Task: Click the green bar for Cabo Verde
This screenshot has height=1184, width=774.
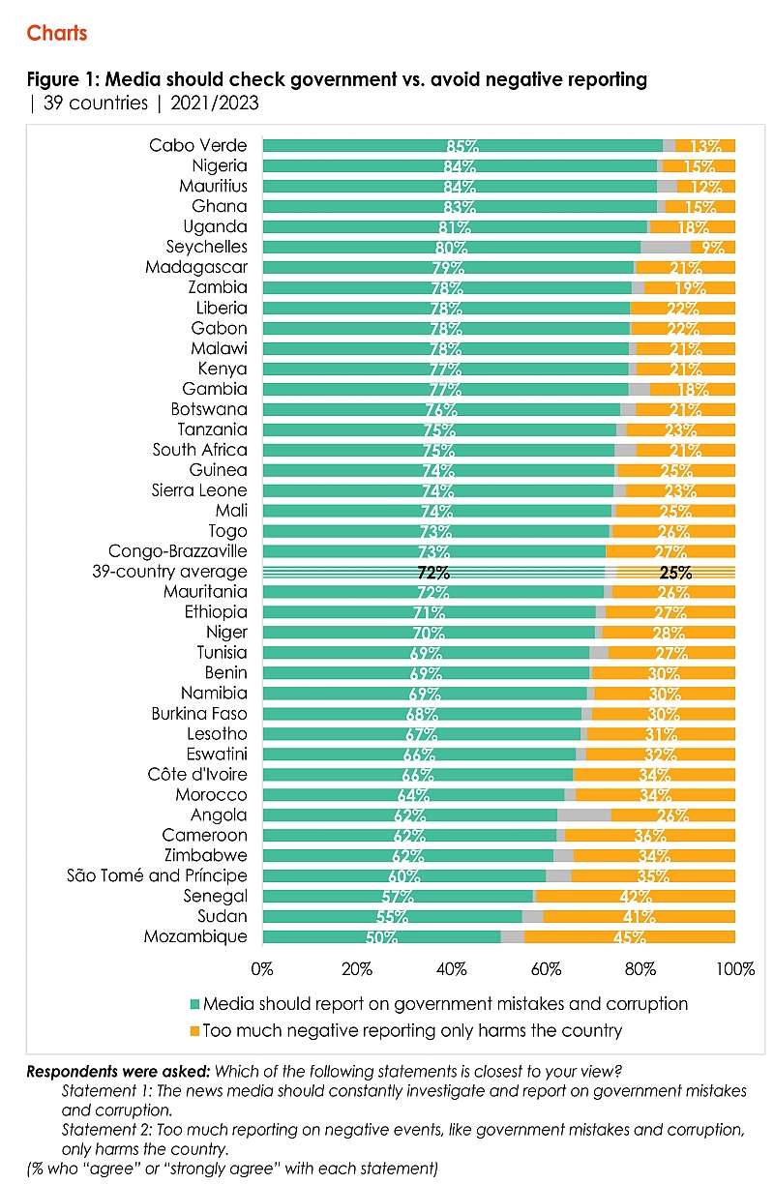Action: (462, 145)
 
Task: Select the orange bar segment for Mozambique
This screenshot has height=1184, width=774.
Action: (629, 936)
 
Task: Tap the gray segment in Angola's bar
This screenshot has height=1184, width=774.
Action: (583, 815)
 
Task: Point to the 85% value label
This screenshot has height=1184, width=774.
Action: (462, 146)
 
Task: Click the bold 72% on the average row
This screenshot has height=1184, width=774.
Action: (433, 572)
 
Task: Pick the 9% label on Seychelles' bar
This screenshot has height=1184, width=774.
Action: (713, 247)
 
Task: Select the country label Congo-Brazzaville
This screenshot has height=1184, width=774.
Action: (178, 550)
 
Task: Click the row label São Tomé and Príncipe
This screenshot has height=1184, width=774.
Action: (157, 875)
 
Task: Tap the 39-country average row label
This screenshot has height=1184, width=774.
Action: (169, 572)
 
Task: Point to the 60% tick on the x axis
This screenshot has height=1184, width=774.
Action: (546, 969)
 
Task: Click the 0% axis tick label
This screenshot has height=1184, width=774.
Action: (262, 969)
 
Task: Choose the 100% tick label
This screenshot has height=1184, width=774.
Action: (735, 969)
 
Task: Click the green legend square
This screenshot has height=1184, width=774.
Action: (194, 1004)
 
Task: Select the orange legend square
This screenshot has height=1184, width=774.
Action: (194, 1031)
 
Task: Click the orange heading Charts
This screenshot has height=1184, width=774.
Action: (57, 33)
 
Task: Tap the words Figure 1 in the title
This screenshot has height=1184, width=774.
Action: (61, 79)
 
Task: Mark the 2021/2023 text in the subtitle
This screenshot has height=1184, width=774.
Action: (215, 103)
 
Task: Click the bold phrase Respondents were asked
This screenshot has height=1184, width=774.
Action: (118, 1072)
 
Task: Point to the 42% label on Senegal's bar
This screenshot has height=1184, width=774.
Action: (636, 897)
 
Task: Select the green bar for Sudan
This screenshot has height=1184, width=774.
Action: (392, 917)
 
